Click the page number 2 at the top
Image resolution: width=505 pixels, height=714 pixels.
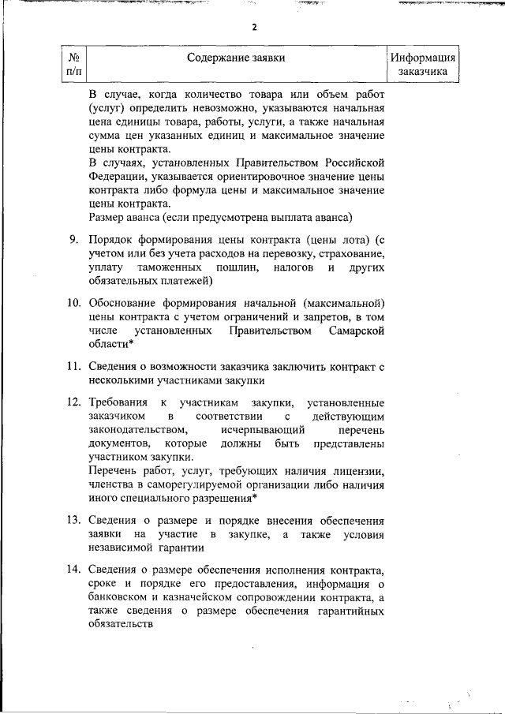tap(254, 26)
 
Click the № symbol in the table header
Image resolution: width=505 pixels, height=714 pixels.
tap(73, 58)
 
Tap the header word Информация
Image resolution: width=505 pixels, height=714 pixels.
tap(423, 58)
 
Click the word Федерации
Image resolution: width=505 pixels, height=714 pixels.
tap(116, 178)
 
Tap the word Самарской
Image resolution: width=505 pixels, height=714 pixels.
tap(356, 331)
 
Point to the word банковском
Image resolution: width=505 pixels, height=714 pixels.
tap(121, 597)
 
